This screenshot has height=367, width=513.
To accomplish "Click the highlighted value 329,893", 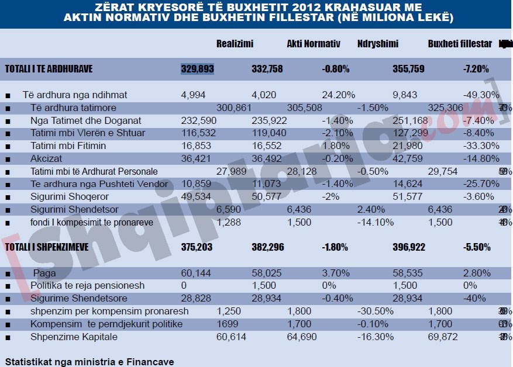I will (x=197, y=69).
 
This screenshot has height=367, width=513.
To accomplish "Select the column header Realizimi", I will (x=235, y=44).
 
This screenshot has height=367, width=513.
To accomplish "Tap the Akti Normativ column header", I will (x=314, y=44).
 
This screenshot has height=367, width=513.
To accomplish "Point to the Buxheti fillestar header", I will (x=460, y=44).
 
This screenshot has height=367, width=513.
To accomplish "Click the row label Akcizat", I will (x=46, y=158).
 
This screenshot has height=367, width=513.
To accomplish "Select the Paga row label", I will (x=44, y=273).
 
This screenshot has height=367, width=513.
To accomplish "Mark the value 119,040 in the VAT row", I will (x=268, y=133).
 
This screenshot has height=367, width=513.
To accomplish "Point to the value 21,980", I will (x=409, y=146).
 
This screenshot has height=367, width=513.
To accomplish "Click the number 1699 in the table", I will (x=226, y=324).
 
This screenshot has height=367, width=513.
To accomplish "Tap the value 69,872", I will (x=443, y=337).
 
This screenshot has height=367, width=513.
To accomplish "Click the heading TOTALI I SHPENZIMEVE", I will (x=47, y=247).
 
